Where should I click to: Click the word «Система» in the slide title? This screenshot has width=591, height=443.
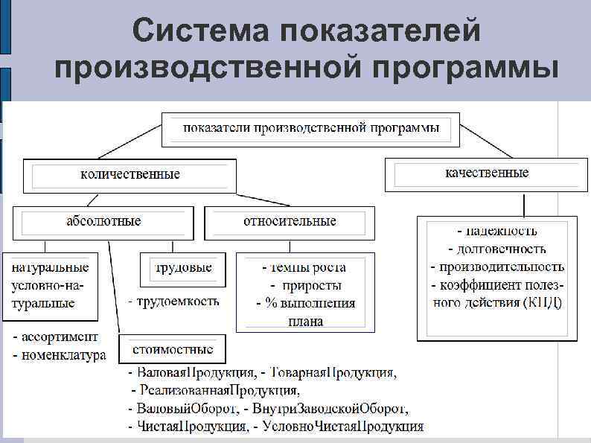click(202, 31)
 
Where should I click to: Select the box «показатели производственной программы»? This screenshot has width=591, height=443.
click(312, 128)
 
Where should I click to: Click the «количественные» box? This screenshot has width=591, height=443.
click(130, 175)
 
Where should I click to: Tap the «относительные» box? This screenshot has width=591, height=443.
click(290, 221)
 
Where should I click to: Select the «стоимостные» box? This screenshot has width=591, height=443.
click(173, 348)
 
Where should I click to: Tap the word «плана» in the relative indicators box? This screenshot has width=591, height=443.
click(305, 322)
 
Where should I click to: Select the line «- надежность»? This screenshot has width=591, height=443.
click(496, 231)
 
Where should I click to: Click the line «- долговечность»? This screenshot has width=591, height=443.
click(496, 249)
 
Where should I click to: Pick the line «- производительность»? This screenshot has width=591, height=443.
click(496, 266)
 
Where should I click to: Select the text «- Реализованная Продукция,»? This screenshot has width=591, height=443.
click(216, 390)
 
